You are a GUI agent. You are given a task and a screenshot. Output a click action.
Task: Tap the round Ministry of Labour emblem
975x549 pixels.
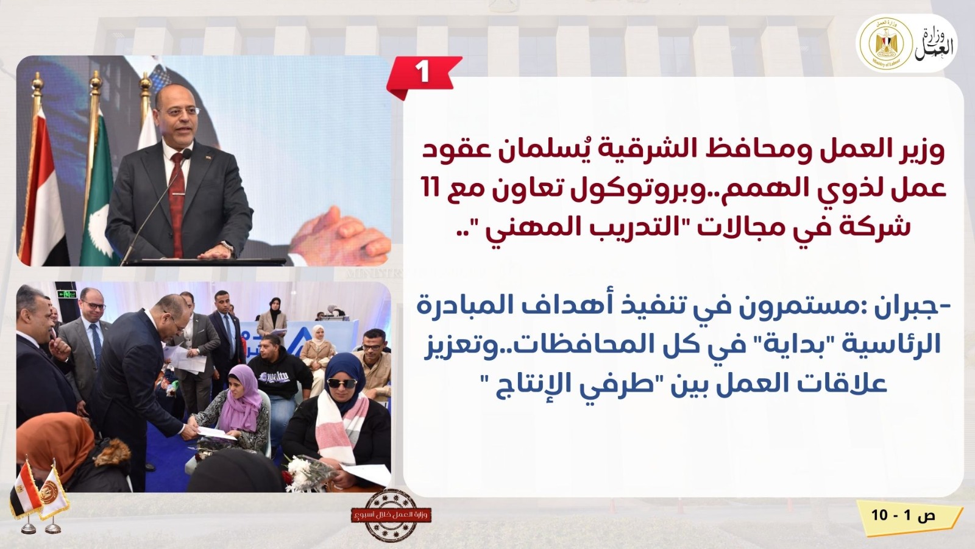coord(883,43)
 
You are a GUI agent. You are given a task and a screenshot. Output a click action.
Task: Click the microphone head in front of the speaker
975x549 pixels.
coord(187,153)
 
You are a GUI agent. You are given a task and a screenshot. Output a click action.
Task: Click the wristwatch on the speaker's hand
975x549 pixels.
coord(228,247)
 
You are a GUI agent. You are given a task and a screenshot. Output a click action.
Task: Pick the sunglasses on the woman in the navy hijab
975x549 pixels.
coord(342,383)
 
